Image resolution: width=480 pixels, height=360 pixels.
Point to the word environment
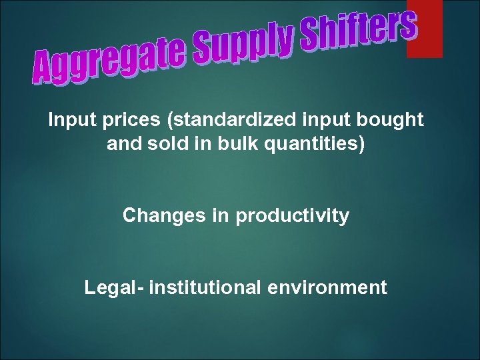[x=327, y=288]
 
